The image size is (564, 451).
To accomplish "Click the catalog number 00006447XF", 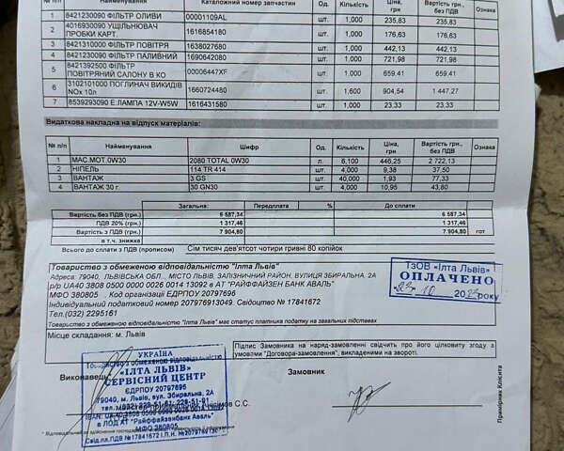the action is tap(208, 71).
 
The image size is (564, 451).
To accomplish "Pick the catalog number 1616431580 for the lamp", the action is tap(207, 105).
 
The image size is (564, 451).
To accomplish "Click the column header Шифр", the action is tap(249, 147).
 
